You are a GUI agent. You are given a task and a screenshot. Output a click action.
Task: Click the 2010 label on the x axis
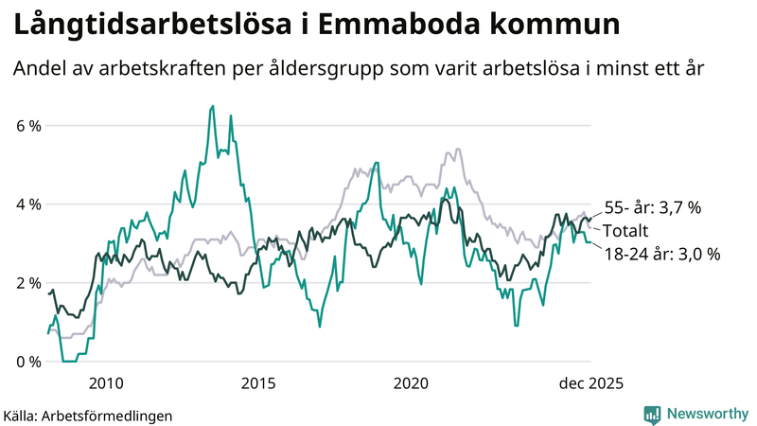coord(105,382)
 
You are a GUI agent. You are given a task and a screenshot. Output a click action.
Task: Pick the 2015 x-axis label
coord(258,382)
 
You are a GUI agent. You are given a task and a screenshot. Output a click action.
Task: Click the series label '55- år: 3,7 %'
coord(652,208)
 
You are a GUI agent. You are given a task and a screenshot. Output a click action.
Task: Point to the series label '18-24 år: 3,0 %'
coord(662,254)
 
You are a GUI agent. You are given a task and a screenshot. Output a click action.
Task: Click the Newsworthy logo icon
coord(652,414)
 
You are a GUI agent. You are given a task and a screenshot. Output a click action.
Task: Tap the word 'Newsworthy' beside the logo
coord(706,414)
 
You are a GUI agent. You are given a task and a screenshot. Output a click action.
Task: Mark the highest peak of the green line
coord(212,106)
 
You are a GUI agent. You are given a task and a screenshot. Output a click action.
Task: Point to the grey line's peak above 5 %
coord(458,149)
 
